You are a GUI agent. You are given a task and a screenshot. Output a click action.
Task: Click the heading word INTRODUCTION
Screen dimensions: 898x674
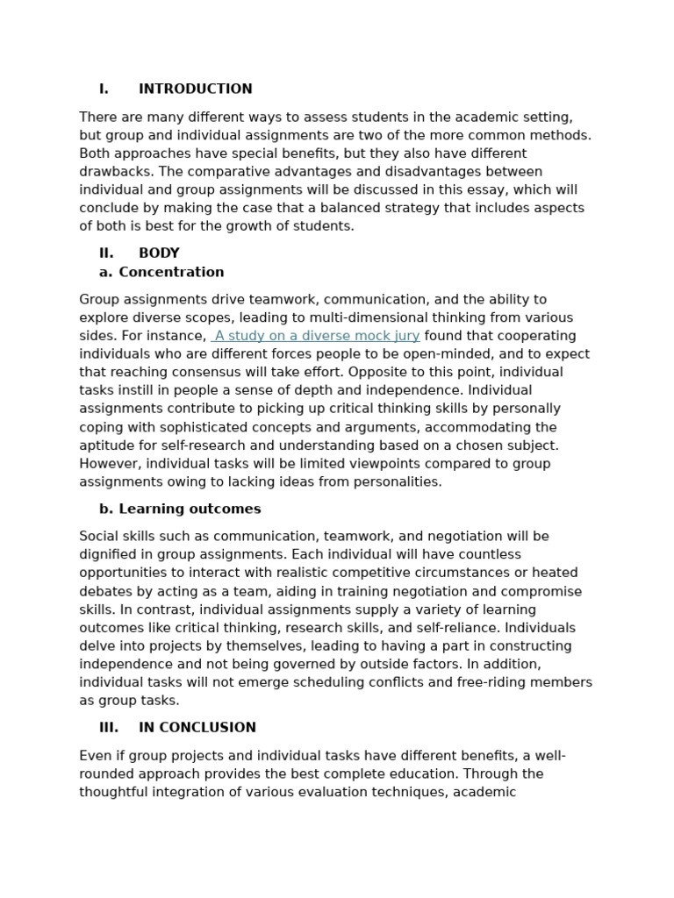click(x=195, y=89)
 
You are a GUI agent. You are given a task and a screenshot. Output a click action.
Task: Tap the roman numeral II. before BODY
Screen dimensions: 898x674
click(x=106, y=253)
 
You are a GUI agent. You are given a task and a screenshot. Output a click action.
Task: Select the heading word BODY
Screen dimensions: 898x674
click(x=159, y=253)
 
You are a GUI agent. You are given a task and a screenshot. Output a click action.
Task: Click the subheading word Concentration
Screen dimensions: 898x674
click(x=171, y=272)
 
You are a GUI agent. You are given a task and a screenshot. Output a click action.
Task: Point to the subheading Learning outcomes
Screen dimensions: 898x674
click(x=190, y=509)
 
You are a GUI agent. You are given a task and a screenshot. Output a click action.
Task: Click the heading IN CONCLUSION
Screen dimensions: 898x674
click(x=197, y=727)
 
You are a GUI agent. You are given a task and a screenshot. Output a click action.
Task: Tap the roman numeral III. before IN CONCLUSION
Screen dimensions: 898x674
click(x=109, y=727)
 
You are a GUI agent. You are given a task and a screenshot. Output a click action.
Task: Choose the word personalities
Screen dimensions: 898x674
click(x=399, y=481)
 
